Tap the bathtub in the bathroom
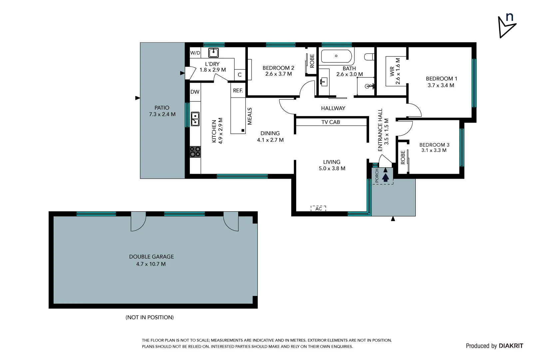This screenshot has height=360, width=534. [x=336, y=56]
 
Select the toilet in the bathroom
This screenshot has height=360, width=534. [x=369, y=57]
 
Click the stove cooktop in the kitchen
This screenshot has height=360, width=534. [x=195, y=152]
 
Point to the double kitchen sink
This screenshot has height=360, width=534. [x=195, y=119]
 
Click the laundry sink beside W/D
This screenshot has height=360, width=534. [x=214, y=53]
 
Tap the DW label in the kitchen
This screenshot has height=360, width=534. [x=195, y=92]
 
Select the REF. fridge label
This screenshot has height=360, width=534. [x=238, y=91]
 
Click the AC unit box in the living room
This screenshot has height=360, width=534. [x=318, y=209]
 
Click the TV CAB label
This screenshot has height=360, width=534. [x=330, y=122]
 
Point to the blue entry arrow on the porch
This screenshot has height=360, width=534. [x=385, y=177]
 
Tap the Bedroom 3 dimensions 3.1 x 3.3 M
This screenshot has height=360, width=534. [x=434, y=150]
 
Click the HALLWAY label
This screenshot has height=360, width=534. [x=333, y=108]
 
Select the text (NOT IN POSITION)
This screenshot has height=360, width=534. [x=150, y=317]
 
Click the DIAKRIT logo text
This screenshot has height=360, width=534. [x=511, y=346]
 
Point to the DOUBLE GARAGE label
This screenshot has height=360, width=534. [x=151, y=257]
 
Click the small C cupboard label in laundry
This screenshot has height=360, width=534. [x=240, y=75]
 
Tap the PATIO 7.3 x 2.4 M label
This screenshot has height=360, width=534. [x=162, y=111]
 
